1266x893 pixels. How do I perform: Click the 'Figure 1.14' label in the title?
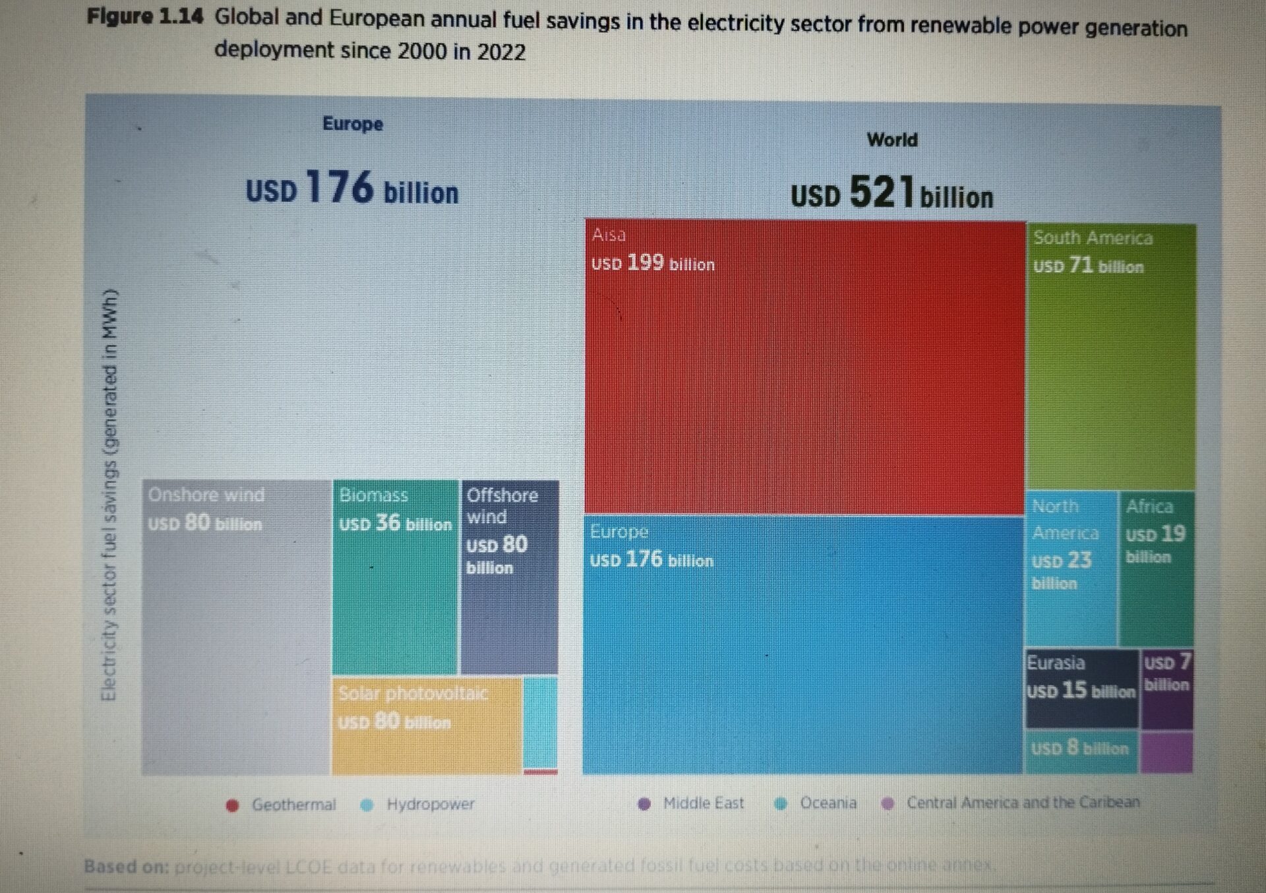(x=144, y=16)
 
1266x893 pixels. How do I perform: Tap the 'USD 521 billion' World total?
(x=891, y=193)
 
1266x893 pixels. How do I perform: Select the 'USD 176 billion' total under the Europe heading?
(x=351, y=189)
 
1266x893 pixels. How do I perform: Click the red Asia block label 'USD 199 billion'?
(x=653, y=263)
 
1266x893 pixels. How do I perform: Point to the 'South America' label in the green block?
(x=1093, y=237)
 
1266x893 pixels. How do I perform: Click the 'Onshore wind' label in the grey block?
(x=206, y=495)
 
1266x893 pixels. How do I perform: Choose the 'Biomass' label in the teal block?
(x=373, y=495)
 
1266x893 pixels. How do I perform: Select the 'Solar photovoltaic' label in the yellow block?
(x=413, y=693)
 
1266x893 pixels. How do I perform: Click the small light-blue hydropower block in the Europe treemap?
(x=540, y=722)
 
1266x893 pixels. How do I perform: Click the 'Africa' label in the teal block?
(x=1149, y=507)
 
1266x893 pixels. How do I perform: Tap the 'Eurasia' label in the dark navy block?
(x=1056, y=663)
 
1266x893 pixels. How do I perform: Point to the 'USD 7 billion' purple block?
(x=1166, y=673)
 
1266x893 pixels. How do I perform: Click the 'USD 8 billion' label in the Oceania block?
(x=1079, y=749)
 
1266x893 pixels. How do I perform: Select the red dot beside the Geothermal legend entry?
(x=232, y=805)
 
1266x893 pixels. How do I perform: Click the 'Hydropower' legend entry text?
(x=430, y=804)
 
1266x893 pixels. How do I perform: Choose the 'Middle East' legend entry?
(x=703, y=803)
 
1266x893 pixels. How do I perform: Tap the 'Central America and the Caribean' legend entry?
(x=1022, y=803)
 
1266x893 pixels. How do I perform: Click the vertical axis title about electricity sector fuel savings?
(x=109, y=495)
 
